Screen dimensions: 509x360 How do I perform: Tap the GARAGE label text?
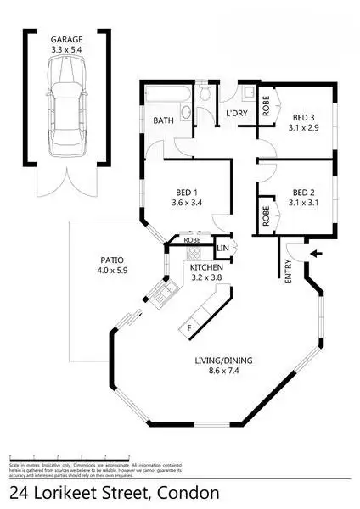66,38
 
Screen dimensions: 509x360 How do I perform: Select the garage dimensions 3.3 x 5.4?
66,48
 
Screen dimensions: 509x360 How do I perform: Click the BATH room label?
164,121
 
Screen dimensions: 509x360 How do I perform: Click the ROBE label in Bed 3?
265,107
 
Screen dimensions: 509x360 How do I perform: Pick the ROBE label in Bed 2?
265,215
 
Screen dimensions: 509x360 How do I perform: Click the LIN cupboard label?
222,248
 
